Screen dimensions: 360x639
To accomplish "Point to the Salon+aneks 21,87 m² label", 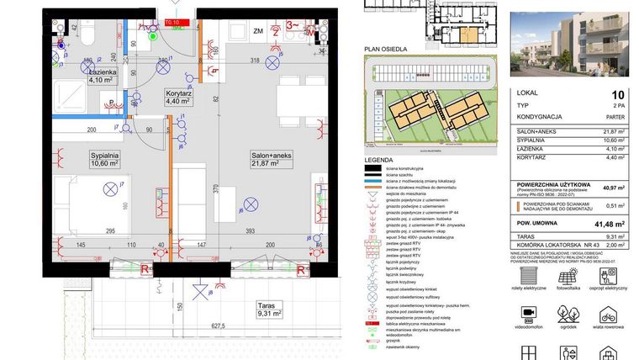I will pyautogui.click(x=271, y=160).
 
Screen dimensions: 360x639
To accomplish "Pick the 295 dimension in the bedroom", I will pyautogui.click(x=110, y=230).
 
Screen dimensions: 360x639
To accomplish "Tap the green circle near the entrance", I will pyautogui.click(x=152, y=35).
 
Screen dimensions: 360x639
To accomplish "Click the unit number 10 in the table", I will pyautogui.click(x=618, y=95).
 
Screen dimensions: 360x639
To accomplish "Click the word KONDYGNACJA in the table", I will pyautogui.click(x=544, y=118).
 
